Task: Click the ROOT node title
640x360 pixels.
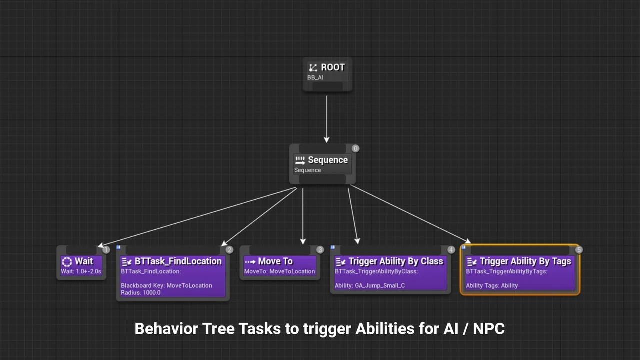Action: [332, 67]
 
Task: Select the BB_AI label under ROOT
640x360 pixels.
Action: [315, 78]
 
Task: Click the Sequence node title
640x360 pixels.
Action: [327, 160]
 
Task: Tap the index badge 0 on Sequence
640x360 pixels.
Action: [355, 148]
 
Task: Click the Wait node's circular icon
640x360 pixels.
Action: [67, 261]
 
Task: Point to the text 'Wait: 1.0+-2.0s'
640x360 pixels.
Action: [81, 271]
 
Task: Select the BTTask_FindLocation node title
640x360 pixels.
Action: [178, 261]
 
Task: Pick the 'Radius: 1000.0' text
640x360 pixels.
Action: [141, 292]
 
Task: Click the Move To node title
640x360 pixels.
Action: [275, 261]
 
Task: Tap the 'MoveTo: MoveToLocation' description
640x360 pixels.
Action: [279, 271]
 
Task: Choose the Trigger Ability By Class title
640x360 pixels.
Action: [395, 261]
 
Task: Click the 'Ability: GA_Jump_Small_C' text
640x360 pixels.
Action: [370, 285]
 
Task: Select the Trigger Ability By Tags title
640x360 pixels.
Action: [525, 261]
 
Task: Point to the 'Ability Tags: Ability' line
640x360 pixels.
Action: [492, 285]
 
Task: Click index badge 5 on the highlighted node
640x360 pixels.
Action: [579, 250]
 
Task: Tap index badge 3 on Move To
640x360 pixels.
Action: [320, 250]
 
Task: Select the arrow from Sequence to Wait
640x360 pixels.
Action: [200, 216]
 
